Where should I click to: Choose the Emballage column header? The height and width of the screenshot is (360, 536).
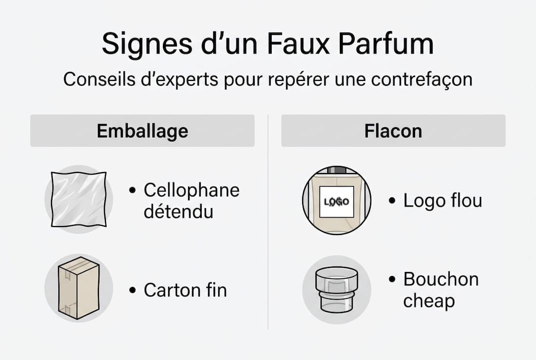tap(142, 131)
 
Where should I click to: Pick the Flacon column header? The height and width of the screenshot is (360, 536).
tap(393, 131)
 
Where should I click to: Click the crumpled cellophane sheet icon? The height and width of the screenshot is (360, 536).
tap(79, 199)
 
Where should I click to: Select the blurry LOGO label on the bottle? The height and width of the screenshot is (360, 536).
tap(337, 202)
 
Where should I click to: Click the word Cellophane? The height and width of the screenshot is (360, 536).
tap(191, 190)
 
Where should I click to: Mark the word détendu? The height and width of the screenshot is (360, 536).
tap(178, 211)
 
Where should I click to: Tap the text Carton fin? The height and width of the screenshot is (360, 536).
tap(185, 290)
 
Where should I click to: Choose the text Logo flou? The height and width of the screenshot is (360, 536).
tap(443, 200)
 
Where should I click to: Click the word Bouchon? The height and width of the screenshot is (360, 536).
tap(441, 279)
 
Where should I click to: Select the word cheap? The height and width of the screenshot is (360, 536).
tap(429, 301)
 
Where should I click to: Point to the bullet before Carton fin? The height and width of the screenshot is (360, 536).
tap(132, 290)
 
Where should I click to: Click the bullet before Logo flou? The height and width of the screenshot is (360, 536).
tap(392, 201)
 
